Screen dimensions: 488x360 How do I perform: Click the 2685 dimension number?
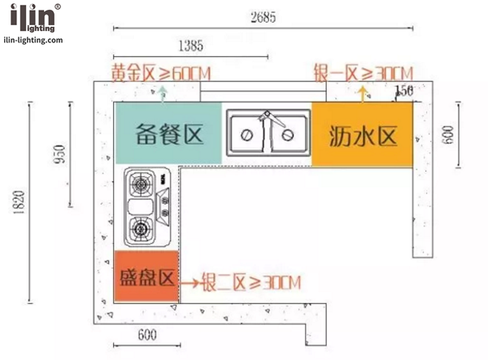click(x=264, y=17)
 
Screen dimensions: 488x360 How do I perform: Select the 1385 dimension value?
click(x=191, y=46)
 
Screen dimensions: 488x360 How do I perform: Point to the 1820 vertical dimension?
click(x=19, y=202)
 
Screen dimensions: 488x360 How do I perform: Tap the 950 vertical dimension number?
click(x=59, y=154)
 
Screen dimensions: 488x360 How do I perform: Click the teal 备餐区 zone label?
click(x=169, y=134)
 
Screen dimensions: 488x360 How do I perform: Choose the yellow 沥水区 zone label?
click(x=363, y=137)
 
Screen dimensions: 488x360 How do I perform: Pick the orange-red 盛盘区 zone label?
click(x=146, y=277)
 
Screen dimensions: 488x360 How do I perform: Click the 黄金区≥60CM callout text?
click(x=161, y=73)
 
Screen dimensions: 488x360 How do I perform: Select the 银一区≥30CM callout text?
click(x=364, y=73)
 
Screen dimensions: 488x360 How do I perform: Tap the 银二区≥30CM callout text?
click(x=251, y=282)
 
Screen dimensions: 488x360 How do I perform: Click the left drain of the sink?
click(x=246, y=135)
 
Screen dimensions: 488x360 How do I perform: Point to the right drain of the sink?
click(x=288, y=135)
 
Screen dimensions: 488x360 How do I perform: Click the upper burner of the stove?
click(x=141, y=184)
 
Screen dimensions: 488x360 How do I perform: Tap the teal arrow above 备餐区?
click(x=163, y=94)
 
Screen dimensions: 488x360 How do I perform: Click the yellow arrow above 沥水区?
click(x=362, y=94)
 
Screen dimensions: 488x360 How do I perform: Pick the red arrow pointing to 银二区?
click(x=190, y=283)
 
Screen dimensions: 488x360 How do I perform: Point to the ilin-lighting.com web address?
click(x=33, y=40)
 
